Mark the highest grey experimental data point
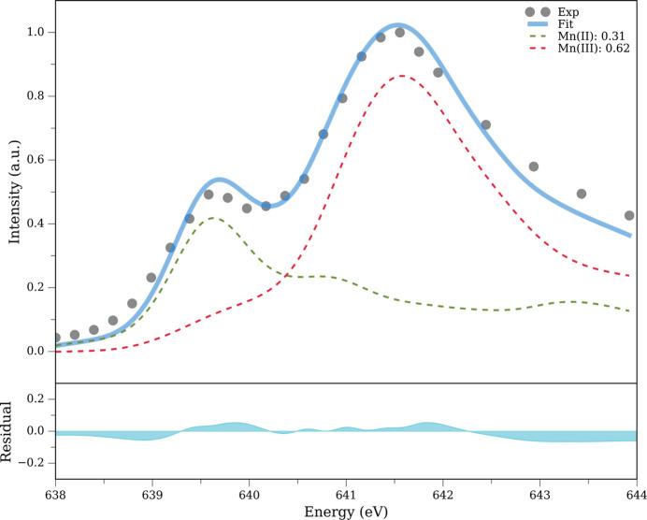(399, 33)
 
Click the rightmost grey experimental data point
(629, 215)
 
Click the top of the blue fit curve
(397, 24)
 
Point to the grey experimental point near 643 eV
(534, 166)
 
